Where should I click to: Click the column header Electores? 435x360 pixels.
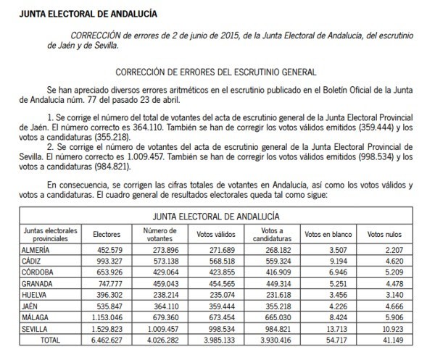[x=107, y=235]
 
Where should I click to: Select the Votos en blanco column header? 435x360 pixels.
[x=320, y=235]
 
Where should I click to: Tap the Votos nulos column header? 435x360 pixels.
[x=384, y=235]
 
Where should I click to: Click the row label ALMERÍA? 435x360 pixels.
[x=40, y=250]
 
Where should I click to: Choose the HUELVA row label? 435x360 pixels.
[x=38, y=296]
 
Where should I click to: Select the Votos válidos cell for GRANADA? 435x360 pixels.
[x=215, y=285]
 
